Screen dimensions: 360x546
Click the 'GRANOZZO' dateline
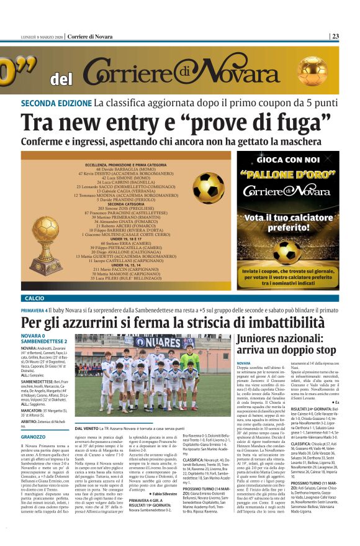[33, 437]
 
